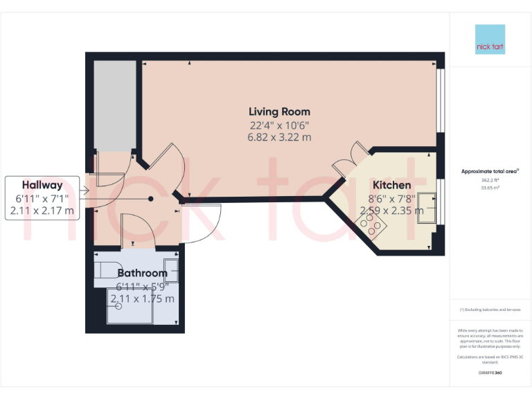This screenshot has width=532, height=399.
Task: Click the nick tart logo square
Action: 490,39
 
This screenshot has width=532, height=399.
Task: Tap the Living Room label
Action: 279,112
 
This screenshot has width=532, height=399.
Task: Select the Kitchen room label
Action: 392,185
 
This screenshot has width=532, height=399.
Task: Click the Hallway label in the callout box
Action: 42,185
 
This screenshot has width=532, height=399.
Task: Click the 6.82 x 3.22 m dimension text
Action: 279,137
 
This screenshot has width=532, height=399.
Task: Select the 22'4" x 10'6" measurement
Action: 279,125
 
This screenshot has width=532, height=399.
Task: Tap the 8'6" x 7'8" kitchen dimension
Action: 392,198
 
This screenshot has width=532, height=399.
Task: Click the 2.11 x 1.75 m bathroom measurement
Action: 142,299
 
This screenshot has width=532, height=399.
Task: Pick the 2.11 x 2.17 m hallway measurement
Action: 42,211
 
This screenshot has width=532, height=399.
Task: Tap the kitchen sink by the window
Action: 427,206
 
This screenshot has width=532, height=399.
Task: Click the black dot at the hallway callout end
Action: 150,199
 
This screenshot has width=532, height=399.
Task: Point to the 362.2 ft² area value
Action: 490,180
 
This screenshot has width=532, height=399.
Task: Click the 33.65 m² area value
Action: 490,187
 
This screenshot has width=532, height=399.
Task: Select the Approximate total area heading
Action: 490,171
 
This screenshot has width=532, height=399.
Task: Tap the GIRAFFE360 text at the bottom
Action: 490,373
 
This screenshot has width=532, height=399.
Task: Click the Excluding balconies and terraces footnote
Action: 490,310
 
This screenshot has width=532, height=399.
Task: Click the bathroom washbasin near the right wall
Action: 170,269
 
